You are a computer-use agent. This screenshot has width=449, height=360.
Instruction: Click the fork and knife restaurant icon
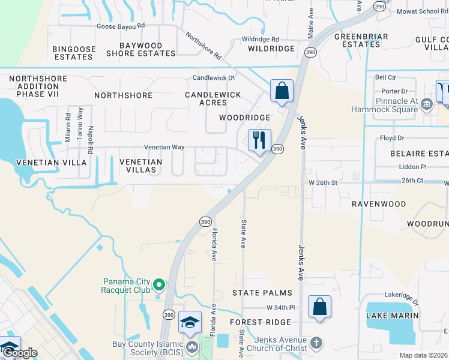pyautogui.click(x=259, y=140)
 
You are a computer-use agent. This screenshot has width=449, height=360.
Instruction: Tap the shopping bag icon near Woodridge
pyautogui.click(x=282, y=91)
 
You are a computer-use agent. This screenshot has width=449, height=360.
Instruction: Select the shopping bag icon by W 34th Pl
pyautogui.click(x=320, y=307)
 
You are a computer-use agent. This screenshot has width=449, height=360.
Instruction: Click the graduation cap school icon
pyautogui.click(x=190, y=323)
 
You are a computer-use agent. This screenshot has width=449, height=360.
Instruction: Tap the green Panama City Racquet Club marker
pyautogui.click(x=159, y=284)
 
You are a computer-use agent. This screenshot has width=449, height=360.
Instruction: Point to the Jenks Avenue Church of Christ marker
pyautogui.click(x=316, y=344)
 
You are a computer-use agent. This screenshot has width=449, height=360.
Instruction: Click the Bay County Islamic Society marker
pyautogui.click(x=192, y=346)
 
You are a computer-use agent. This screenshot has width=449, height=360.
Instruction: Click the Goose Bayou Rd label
pyautogui.click(x=121, y=26)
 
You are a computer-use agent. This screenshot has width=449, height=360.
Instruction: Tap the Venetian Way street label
pyautogui.click(x=163, y=147)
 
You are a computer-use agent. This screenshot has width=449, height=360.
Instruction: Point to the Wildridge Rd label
pyautogui.click(x=261, y=38)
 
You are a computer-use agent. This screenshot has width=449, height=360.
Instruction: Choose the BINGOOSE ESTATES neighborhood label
pyautogui.click(x=73, y=53)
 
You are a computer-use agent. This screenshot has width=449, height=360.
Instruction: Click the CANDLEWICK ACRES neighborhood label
pyautogui.click(x=212, y=98)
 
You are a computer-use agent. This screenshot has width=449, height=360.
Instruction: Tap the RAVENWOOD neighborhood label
pyautogui.click(x=379, y=204)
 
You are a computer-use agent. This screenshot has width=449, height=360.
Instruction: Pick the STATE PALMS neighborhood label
pyautogui.click(x=262, y=293)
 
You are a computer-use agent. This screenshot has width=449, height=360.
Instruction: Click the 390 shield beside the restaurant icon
pyautogui.click(x=277, y=149)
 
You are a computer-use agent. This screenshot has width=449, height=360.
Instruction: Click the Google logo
pyautogui.click(x=19, y=353)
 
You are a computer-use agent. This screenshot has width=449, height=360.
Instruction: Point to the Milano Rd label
pyautogui.click(x=68, y=124)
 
